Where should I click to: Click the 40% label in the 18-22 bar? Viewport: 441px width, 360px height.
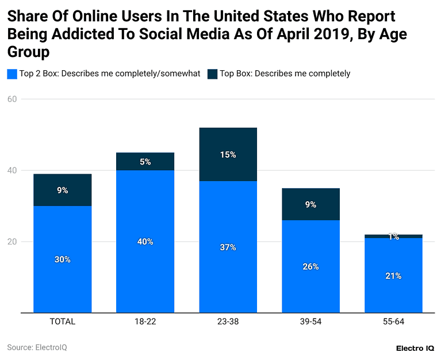pos(145,242)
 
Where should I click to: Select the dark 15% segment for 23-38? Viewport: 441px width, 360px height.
pos(228,154)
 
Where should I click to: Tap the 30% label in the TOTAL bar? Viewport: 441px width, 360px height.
pos(62,259)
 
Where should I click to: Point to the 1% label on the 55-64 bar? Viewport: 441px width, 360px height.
pos(393,236)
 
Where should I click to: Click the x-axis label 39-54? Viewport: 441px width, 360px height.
pos(310,321)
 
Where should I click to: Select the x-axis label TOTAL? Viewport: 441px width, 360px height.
pos(62,321)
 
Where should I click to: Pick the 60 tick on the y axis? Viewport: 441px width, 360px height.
pos(11,99)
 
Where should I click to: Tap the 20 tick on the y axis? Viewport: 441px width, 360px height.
pos(11,242)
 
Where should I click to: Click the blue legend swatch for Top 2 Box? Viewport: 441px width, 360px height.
pos(11,74)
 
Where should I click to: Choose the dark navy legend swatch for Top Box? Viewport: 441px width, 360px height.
pos(212,74)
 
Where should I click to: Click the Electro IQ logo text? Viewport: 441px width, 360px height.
pos(415,348)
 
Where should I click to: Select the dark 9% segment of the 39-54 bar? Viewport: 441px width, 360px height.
pos(310,204)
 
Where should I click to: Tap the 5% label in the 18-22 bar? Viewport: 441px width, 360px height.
pos(145,162)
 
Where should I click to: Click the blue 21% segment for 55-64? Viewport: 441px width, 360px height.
pos(393,275)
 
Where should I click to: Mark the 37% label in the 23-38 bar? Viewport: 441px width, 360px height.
pos(228,247)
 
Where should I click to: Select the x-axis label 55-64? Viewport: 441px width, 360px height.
pos(393,321)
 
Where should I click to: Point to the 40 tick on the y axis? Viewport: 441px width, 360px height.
pos(11,170)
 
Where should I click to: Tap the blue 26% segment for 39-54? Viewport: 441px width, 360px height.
pos(310,267)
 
